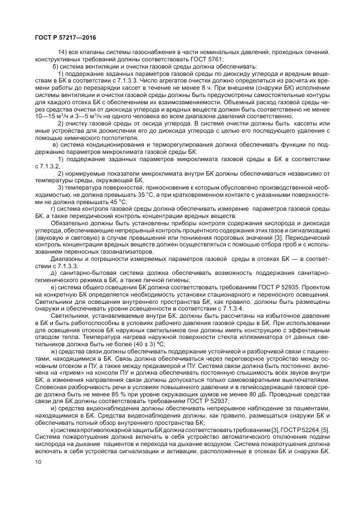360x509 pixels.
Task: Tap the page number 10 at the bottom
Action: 38,477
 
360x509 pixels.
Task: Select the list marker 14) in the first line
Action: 63,52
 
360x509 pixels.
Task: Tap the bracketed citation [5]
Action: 319,429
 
